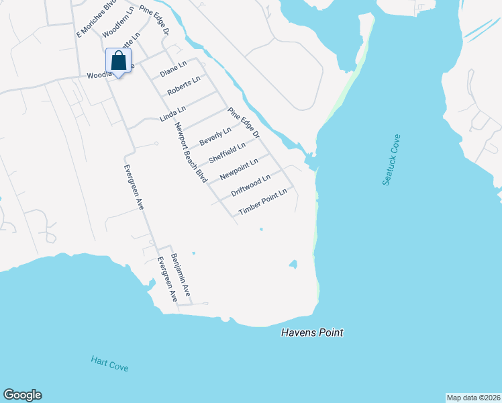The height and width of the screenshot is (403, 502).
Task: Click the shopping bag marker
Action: click(x=119, y=61)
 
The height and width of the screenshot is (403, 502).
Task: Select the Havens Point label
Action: click(x=312, y=332)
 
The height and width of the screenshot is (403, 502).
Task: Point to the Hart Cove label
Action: click(x=109, y=363)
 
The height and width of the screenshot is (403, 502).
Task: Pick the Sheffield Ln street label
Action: click(x=228, y=152)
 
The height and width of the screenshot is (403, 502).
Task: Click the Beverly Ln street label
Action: click(x=215, y=136)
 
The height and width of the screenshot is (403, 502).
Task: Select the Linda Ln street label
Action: click(x=172, y=112)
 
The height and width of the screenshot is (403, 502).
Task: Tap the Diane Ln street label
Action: click(x=172, y=70)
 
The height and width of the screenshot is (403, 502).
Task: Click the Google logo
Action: click(x=22, y=395)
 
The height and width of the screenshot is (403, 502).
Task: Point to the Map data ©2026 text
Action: click(x=473, y=397)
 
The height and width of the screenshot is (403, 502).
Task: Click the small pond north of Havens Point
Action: click(x=293, y=263)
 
